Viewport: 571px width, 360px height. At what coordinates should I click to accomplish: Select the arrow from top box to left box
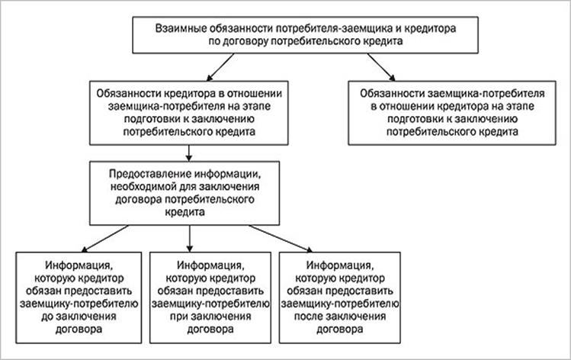click(220, 67)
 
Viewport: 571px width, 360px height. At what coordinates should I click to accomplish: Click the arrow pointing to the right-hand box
click(381, 67)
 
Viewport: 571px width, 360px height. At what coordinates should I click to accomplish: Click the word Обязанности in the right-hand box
click(392, 94)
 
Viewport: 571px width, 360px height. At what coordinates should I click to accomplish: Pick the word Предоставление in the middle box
click(149, 174)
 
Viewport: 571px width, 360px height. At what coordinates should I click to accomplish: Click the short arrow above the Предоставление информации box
click(188, 153)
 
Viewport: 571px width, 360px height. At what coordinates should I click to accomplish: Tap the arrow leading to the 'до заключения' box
click(105, 239)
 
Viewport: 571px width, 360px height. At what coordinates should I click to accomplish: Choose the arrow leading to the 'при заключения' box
click(189, 239)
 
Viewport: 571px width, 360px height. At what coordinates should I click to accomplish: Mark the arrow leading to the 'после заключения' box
click(281, 239)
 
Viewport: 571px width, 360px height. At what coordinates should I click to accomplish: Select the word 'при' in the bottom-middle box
click(178, 317)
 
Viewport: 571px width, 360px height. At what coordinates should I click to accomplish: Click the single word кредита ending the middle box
click(184, 212)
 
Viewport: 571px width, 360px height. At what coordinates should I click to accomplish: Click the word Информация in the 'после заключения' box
click(339, 265)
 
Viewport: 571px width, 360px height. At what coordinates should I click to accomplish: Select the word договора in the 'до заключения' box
click(79, 329)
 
